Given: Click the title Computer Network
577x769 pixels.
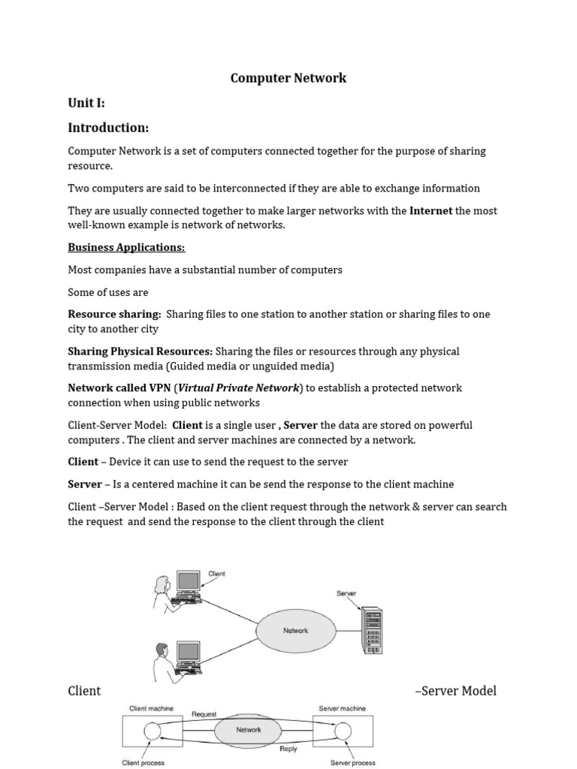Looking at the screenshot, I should pos(288,78).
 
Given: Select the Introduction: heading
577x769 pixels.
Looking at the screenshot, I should pos(108,128).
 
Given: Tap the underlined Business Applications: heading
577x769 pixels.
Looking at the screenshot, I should pos(126,247).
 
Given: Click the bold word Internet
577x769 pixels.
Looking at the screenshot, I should pos(430,211).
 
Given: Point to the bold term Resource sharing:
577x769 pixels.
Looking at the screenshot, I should pos(114,314).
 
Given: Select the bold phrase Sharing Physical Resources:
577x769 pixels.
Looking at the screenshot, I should pos(140,351).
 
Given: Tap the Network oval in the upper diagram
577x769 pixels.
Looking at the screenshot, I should pos(295,631).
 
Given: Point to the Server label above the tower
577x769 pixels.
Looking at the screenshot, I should pos(346,593).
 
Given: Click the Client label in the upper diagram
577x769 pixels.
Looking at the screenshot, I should pos(216,574).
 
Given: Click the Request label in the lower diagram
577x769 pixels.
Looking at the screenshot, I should pos(204,714).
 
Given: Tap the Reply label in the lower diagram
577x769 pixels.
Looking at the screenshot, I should pos(288,749).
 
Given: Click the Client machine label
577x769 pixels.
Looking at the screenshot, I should pos(151,708).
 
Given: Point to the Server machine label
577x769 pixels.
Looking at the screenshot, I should pos(342,708).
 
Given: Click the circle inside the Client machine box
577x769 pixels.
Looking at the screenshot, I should pos(153,731).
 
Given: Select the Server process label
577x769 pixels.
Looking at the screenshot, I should pos(352,763).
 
